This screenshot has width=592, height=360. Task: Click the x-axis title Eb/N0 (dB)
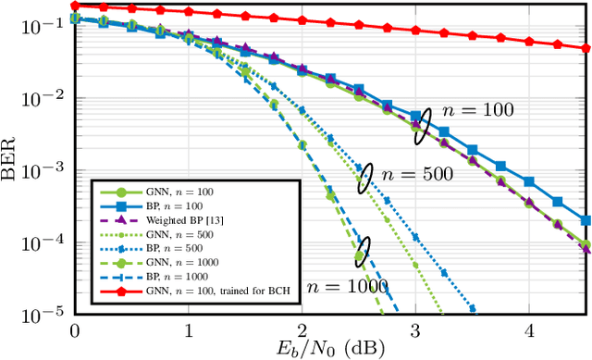point(331,349)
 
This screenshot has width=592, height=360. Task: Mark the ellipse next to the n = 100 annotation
point(422,126)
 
